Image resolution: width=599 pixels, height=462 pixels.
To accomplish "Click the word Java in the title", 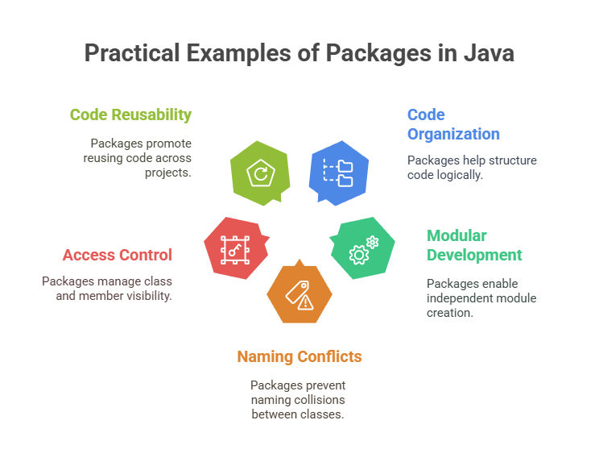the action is click(x=489, y=52).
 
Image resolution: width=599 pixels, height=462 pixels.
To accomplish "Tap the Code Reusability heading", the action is click(x=130, y=114).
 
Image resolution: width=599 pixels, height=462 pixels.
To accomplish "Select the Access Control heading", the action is click(x=118, y=255).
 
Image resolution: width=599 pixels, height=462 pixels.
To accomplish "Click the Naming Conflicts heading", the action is click(x=299, y=356).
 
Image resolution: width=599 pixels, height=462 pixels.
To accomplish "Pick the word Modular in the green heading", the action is click(x=456, y=235).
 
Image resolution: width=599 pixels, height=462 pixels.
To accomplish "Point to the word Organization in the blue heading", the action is click(x=453, y=134).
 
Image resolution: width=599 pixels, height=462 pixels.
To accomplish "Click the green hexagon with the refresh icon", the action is click(x=260, y=173).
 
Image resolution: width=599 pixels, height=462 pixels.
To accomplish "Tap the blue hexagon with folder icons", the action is click(x=339, y=173).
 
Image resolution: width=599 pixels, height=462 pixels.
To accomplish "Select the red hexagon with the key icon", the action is click(x=237, y=248).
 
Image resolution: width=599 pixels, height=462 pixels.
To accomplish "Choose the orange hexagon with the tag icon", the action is click(x=299, y=293).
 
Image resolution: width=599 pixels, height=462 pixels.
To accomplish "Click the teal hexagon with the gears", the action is click(x=362, y=248).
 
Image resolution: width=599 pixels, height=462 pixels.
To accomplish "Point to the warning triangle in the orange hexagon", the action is click(x=306, y=302).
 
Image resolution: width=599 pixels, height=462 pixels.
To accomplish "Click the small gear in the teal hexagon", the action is click(x=372, y=242).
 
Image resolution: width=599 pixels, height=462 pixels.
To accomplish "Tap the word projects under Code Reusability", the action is click(x=168, y=173).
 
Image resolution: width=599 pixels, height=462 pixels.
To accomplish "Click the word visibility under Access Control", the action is click(x=150, y=296).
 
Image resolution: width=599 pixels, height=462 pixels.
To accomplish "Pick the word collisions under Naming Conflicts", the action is click(x=320, y=400).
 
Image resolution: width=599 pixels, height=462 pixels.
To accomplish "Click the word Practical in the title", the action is click(x=132, y=52).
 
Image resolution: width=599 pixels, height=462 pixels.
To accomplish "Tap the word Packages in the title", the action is click(x=378, y=53).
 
